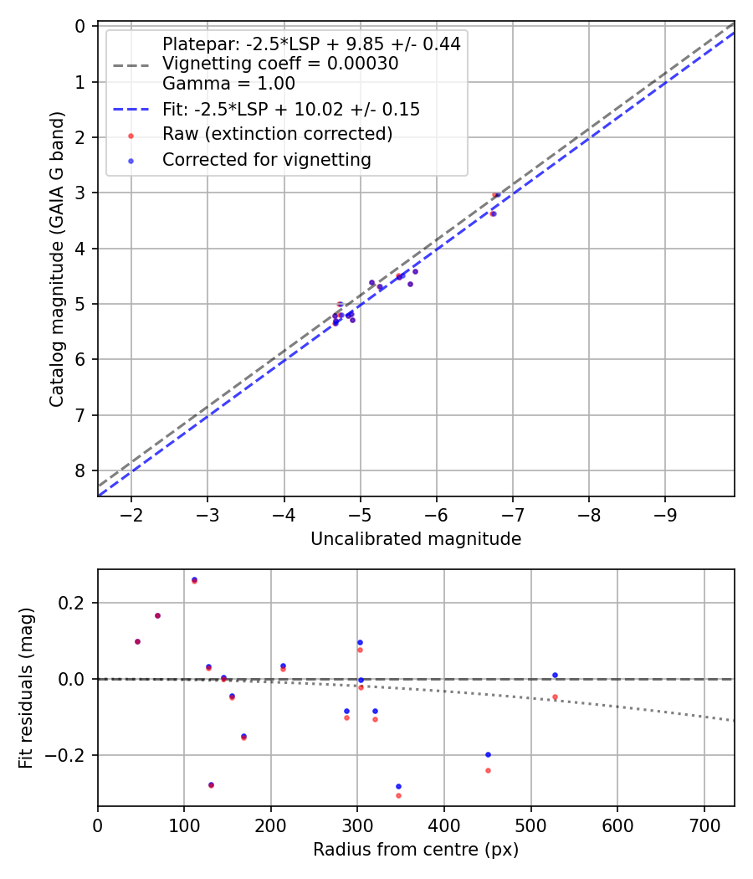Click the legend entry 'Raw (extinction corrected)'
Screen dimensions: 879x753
(x=277, y=134)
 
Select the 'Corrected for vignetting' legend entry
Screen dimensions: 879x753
(x=267, y=159)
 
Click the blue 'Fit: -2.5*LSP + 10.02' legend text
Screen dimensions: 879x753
(x=290, y=110)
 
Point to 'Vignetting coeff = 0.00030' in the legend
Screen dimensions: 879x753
(x=280, y=64)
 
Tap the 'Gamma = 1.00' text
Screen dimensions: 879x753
(x=228, y=84)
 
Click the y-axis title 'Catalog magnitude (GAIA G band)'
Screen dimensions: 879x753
(x=56, y=260)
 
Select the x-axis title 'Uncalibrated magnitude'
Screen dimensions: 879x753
(x=416, y=539)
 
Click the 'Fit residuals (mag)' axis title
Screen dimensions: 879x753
(x=26, y=687)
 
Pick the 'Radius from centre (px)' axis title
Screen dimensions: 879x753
(x=416, y=850)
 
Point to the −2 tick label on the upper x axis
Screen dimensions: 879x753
(x=131, y=513)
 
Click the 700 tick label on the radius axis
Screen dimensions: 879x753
(x=704, y=824)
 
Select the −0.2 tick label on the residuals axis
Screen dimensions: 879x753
(x=68, y=755)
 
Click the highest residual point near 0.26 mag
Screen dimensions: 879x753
(x=194, y=579)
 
